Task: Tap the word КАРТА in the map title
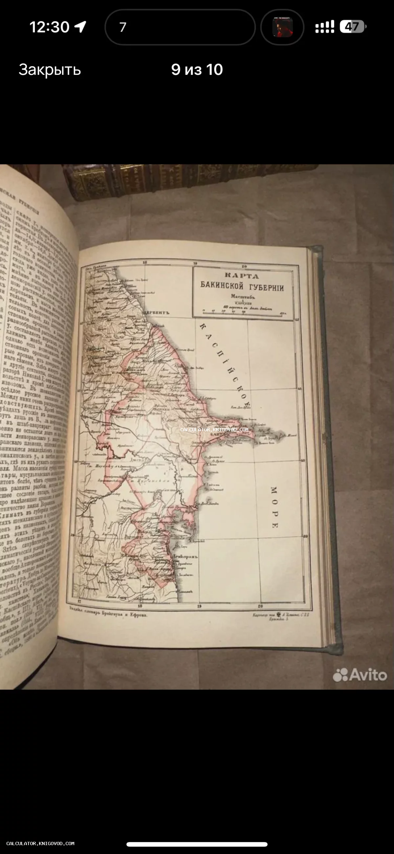(242, 276)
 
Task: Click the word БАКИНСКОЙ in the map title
(222, 285)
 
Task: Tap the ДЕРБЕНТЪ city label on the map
(157, 312)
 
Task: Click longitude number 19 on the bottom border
(200, 606)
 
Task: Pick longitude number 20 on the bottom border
(260, 606)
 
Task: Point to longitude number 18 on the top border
(145, 262)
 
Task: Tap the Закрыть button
(50, 70)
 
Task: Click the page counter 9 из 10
(197, 70)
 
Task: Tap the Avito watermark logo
(360, 675)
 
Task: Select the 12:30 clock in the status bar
(49, 27)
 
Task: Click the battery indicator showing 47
(353, 27)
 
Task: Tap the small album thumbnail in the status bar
(282, 27)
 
